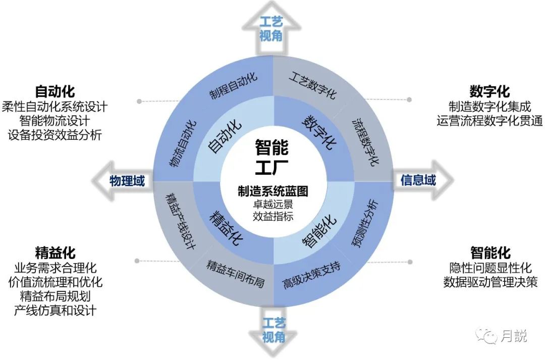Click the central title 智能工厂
point(272,157)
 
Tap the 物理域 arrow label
point(127,181)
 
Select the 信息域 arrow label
point(418,180)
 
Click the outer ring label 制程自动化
point(233,85)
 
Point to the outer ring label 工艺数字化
point(313,85)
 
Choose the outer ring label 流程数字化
point(366,141)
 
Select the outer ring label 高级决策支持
point(311,275)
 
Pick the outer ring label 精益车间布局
point(235,273)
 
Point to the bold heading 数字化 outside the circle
point(489,91)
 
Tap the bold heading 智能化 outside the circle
point(490,252)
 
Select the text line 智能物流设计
point(54,121)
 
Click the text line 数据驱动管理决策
point(490,282)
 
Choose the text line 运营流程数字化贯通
point(489,120)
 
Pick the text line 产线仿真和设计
point(55,310)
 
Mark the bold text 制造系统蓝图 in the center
point(272,191)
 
